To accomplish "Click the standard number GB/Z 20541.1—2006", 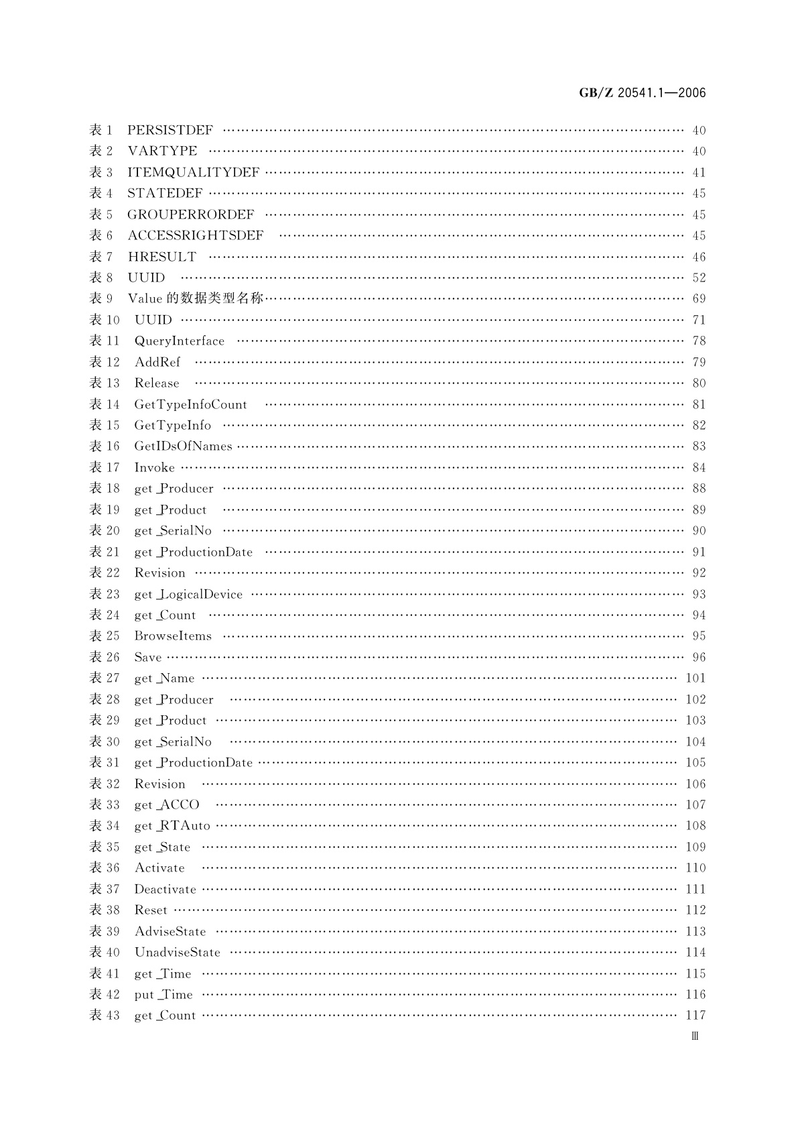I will coord(642,93).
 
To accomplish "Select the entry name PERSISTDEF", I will coord(170,130).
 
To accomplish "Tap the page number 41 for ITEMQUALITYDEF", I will coord(699,172).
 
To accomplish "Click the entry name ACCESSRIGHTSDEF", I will coord(196,235).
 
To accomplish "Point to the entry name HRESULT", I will coord(162,257).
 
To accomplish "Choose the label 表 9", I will coord(101,298).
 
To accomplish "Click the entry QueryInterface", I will coord(180,341).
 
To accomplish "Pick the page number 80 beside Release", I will coord(699,383).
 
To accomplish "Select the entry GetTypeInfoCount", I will coord(190,404).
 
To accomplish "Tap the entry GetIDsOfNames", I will coord(183,446).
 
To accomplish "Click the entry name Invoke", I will coord(154,467).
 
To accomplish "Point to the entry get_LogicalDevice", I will coord(188,594).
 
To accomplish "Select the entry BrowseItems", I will coord(173,636).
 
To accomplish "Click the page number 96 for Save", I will coord(699,657).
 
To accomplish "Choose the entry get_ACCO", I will coord(167,805).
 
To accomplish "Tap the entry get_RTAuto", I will coord(172,825).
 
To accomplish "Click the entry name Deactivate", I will coord(165,889).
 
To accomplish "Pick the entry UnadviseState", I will coord(177,952).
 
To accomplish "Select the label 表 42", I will coord(105,994).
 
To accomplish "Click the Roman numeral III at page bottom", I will coord(695,1036).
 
